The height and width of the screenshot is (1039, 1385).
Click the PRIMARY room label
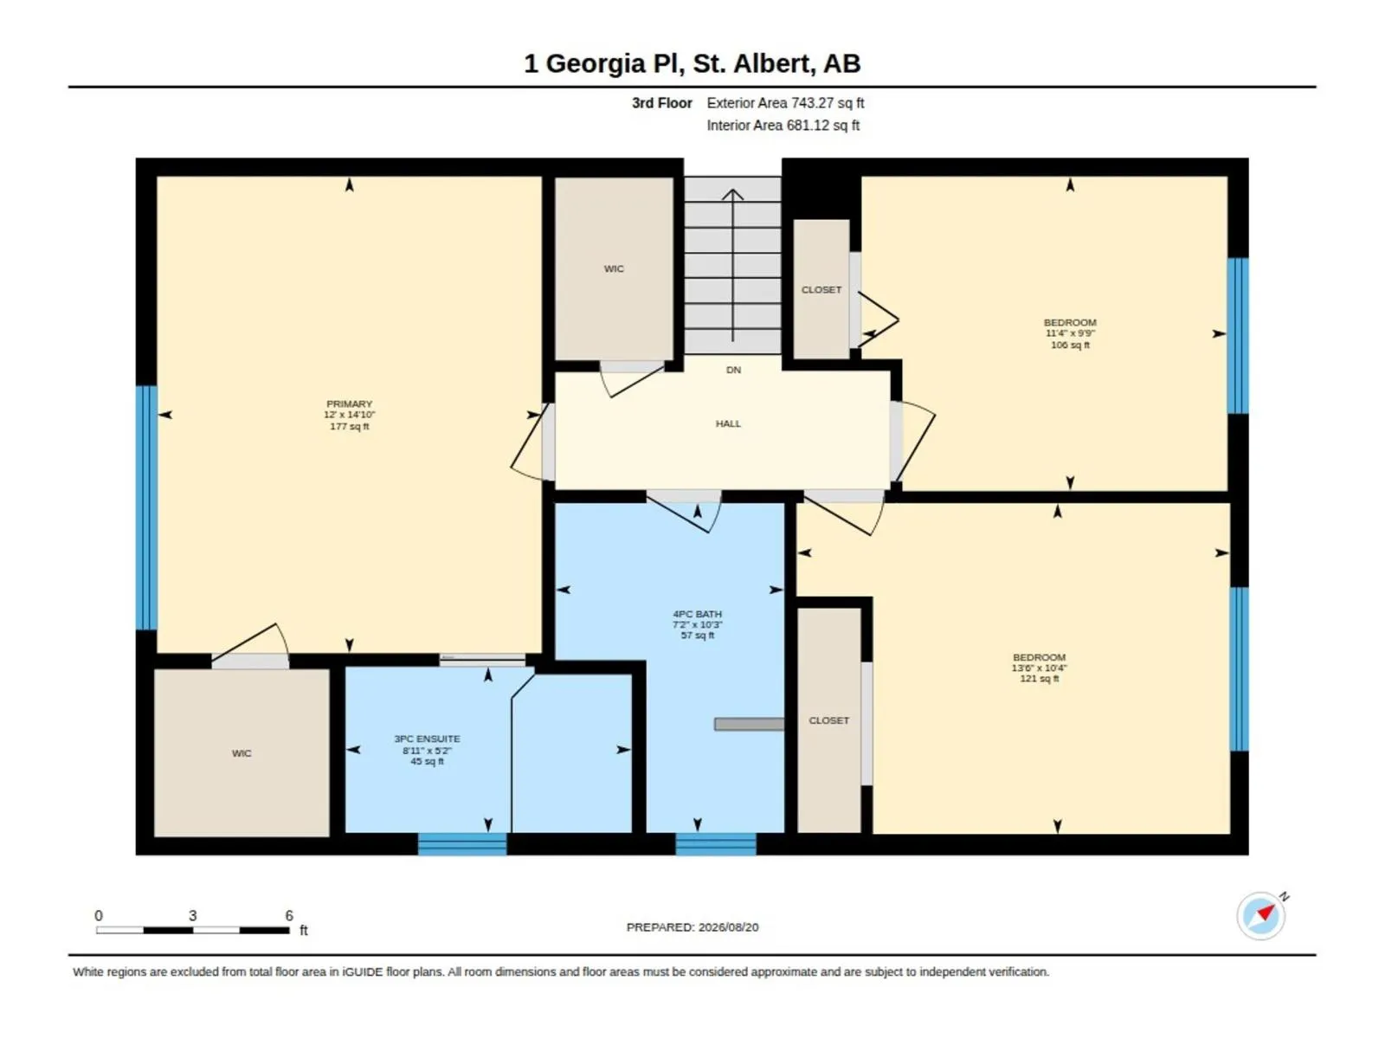coord(349,403)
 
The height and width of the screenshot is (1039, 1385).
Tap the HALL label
coord(727,424)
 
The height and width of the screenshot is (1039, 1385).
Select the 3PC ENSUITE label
coord(427,739)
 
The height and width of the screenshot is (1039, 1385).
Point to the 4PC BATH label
coord(697,614)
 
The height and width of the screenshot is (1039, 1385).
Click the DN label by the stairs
coord(733,371)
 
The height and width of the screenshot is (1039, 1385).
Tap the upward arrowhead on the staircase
coord(732,194)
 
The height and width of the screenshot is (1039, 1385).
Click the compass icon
coord(1260,915)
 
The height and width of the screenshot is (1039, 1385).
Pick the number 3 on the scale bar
coord(192,915)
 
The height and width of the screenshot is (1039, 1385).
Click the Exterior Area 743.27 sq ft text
coord(785,103)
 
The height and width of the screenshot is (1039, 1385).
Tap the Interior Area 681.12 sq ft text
coord(783,126)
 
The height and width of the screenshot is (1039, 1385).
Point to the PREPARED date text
coord(692,927)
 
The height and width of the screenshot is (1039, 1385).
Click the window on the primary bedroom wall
coord(146,508)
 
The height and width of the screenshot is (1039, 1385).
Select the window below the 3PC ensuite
coord(462,844)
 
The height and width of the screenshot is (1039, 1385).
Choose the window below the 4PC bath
coord(716,844)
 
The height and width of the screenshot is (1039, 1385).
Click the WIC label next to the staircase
coord(614,268)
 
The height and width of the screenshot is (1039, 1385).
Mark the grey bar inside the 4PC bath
coord(749,724)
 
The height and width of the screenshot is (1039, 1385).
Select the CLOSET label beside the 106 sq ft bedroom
coord(821,289)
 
